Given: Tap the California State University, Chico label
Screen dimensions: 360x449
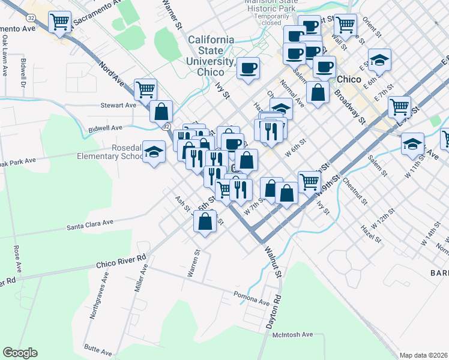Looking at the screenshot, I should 218,55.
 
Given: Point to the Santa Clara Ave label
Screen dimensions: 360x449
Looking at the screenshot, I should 90,223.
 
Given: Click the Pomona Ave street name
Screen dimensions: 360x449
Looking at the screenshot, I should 252,298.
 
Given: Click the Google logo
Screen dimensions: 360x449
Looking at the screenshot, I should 20,353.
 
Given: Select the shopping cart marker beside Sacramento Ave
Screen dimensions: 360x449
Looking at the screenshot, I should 59,22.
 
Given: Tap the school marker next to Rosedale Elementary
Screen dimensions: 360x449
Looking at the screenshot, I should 154,152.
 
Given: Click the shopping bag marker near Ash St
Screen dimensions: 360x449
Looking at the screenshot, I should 205,221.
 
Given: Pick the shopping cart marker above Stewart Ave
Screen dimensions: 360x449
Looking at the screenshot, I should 146,90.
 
